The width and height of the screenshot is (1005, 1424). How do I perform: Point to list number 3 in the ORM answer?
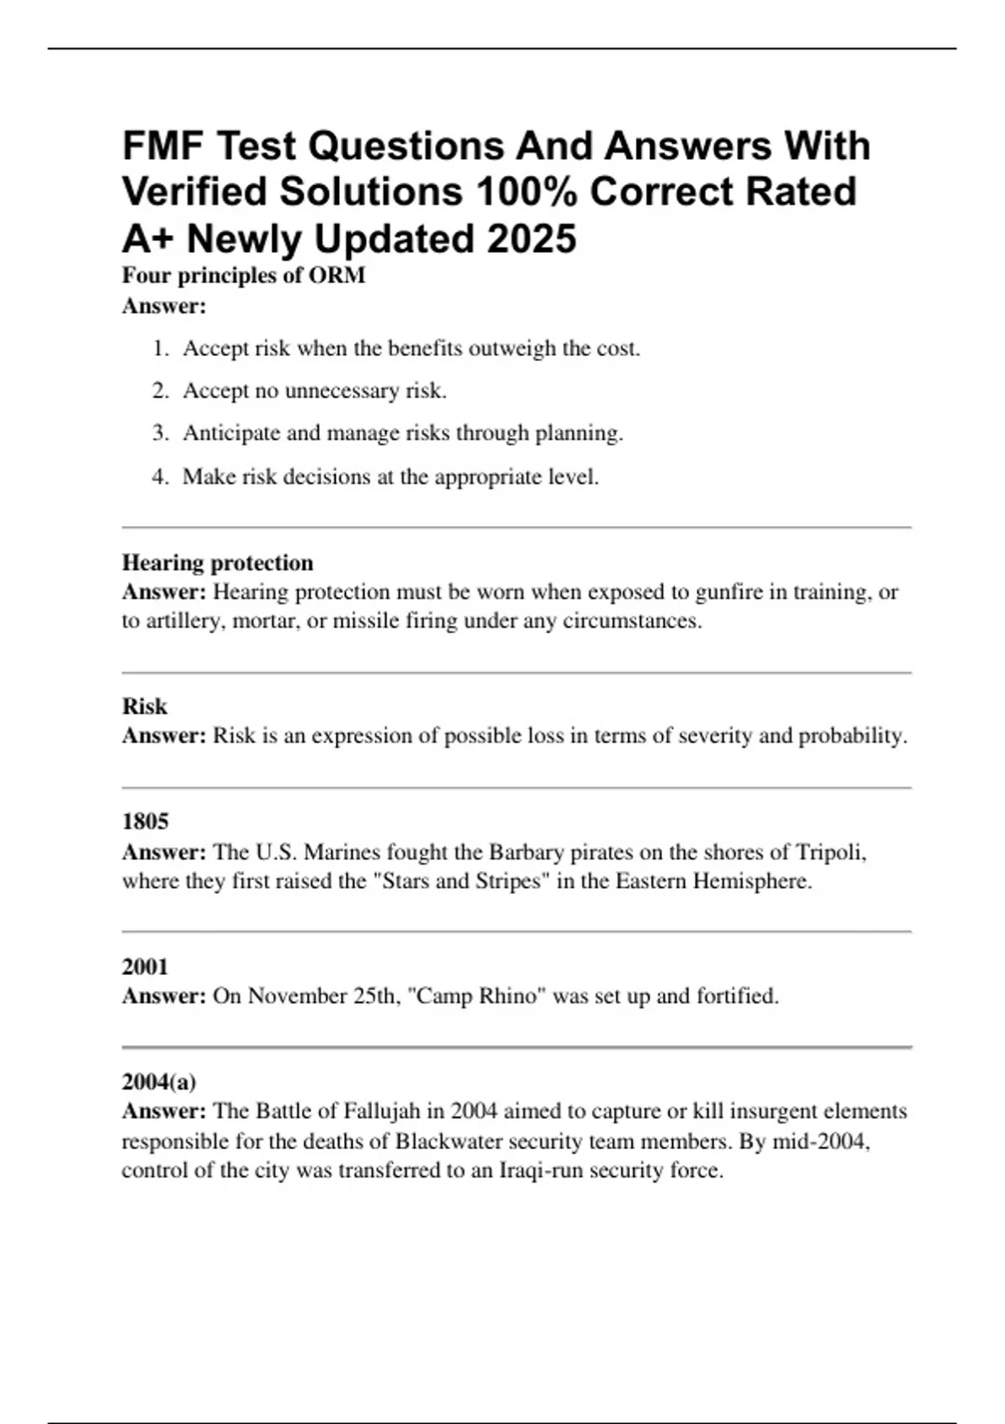coord(160,433)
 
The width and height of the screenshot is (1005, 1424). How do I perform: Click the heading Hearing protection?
coord(218,563)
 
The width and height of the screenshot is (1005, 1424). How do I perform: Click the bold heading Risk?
coord(145,707)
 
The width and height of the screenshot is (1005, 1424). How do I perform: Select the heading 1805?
coord(145,822)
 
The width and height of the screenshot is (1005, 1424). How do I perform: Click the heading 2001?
coord(145,967)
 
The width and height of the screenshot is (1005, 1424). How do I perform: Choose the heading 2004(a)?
coord(159,1082)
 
